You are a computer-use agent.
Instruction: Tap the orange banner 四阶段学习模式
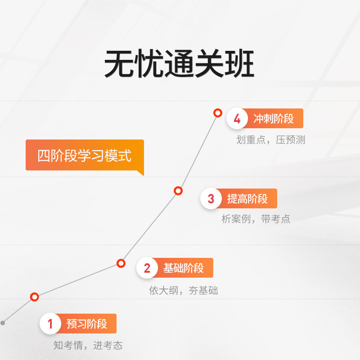(85, 155)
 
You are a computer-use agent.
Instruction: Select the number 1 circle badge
(50, 324)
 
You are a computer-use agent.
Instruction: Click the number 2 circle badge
(147, 268)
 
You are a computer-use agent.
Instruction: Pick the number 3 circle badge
(211, 198)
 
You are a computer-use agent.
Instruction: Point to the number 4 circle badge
(237, 119)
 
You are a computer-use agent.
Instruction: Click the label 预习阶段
(87, 324)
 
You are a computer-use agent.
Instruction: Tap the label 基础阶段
(184, 268)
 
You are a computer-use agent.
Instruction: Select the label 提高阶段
(247, 198)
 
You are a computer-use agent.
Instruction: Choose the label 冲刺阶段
(274, 119)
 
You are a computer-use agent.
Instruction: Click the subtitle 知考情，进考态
(88, 346)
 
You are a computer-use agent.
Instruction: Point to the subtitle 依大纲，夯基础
(184, 290)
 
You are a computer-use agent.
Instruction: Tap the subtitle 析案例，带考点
(256, 219)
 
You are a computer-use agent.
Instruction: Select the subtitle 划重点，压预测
(271, 140)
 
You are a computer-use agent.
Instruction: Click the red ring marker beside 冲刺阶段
(218, 113)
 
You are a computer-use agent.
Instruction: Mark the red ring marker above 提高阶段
(178, 191)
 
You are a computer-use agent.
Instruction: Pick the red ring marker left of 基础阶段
(121, 263)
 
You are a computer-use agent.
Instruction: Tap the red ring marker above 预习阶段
(35, 297)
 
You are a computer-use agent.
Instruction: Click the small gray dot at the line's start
(3, 323)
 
